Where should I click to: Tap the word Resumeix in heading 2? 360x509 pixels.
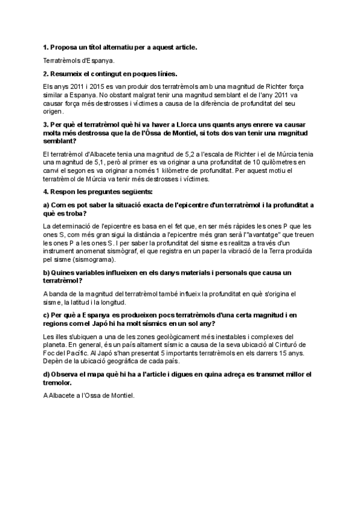pyautogui.click(x=68, y=74)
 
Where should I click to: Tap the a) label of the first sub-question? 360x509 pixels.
pyautogui.click(x=47, y=205)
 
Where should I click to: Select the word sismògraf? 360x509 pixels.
pyautogui.click(x=122, y=252)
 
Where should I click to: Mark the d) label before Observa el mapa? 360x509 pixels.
pyautogui.click(x=47, y=375)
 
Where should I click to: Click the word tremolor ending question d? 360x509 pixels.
pyautogui.click(x=60, y=382)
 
